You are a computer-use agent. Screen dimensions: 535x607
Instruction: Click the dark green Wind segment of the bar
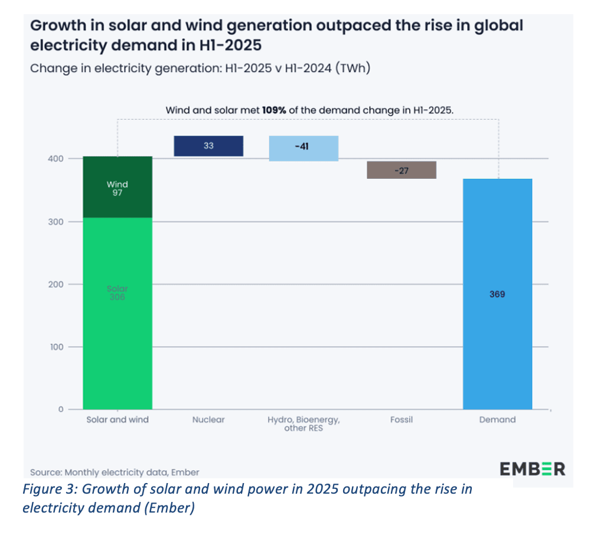[118, 188]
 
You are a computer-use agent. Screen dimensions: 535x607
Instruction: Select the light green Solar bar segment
[118, 313]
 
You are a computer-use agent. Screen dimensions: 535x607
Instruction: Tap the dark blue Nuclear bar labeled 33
[208, 146]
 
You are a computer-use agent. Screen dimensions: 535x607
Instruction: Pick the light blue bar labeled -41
[303, 148]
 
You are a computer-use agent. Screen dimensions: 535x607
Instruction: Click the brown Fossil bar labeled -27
[402, 170]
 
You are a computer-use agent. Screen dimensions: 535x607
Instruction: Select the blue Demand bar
[497, 331]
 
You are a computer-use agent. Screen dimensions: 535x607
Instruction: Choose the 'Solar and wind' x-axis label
[118, 420]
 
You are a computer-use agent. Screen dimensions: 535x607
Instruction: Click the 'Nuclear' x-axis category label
[208, 420]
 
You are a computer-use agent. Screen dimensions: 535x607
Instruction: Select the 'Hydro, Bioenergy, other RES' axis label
[303, 423]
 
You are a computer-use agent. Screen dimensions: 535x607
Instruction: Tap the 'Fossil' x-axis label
[402, 420]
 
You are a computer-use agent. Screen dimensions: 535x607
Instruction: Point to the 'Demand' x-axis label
[497, 420]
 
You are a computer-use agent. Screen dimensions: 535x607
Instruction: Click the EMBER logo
[533, 469]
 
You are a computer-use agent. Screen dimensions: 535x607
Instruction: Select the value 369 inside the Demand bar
[497, 293]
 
